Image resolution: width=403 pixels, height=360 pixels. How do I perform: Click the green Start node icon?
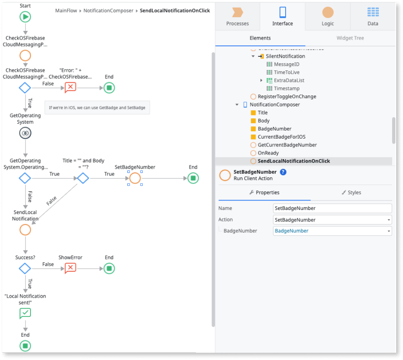click(25, 17)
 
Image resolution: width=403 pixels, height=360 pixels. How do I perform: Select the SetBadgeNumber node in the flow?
click(135, 178)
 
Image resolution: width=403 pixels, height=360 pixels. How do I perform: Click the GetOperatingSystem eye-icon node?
click(25, 133)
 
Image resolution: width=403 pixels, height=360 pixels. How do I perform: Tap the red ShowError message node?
click(70, 269)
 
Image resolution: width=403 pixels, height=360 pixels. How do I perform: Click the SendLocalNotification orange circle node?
click(25, 230)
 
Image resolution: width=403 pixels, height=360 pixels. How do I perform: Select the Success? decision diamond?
click(25, 269)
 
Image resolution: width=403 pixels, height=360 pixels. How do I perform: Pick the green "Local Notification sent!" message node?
click(25, 313)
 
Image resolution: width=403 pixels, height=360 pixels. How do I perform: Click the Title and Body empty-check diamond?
click(82, 178)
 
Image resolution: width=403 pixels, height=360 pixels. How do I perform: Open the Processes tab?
click(237, 17)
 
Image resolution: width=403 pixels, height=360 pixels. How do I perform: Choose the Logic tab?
click(327, 17)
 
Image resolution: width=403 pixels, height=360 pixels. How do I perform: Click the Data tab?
click(373, 17)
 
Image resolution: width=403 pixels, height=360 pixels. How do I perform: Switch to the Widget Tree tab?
click(350, 38)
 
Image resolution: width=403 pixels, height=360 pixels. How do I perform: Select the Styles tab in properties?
click(351, 193)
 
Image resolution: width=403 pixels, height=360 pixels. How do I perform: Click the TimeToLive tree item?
click(286, 72)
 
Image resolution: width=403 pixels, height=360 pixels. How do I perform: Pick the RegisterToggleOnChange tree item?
click(287, 96)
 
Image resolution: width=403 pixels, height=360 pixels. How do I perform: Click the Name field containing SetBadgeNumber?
click(332, 208)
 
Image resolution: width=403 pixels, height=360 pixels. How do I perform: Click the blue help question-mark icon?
click(283, 172)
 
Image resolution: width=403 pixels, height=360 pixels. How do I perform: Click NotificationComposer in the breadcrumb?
click(108, 10)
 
